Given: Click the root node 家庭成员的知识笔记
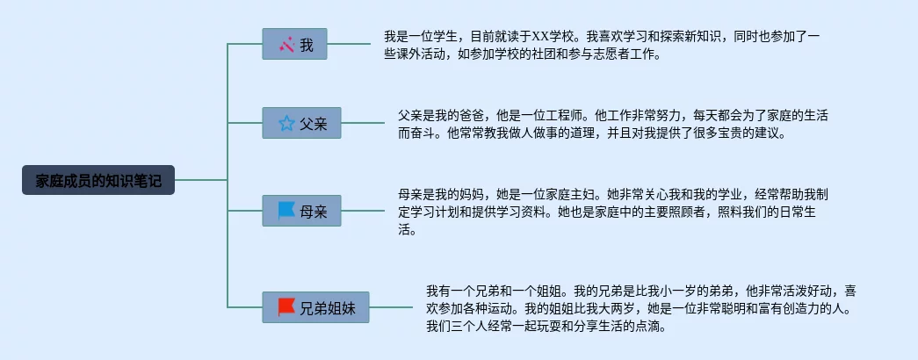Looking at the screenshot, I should click(x=98, y=180).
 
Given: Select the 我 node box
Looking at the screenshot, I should click(x=294, y=44).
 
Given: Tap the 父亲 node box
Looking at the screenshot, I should click(x=301, y=123).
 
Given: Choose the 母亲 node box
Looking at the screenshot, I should click(x=301, y=211).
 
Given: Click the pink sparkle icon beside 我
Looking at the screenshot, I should click(x=286, y=44).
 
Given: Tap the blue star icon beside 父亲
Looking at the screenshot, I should click(x=286, y=123).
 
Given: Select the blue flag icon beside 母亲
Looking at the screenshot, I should click(x=286, y=211).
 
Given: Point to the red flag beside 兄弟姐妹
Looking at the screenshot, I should click(x=286, y=307).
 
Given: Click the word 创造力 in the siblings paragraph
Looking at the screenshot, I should click(x=792, y=308).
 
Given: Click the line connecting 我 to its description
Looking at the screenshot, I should click(x=349, y=44).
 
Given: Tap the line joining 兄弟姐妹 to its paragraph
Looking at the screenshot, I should click(x=390, y=307).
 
